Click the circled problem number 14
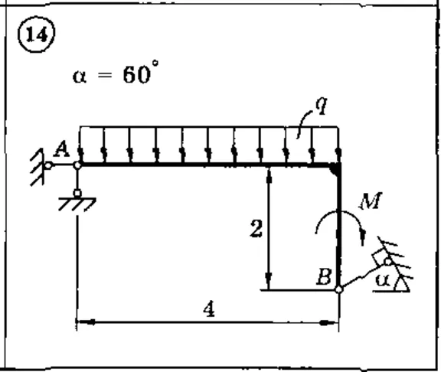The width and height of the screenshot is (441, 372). click(x=37, y=34)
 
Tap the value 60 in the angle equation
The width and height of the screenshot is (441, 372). click(x=137, y=74)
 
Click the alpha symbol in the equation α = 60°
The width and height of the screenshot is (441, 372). click(x=80, y=77)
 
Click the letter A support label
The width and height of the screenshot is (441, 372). click(x=61, y=149)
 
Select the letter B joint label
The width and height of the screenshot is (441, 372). click(x=324, y=276)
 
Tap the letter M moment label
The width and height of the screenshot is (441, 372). click(x=371, y=201)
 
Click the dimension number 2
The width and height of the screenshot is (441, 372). click(x=256, y=228)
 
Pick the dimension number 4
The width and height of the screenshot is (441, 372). click(x=209, y=309)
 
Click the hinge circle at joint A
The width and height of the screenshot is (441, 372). click(x=77, y=165)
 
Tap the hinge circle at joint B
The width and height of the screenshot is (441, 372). click(x=339, y=289)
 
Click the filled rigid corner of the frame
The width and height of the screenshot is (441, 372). click(x=336, y=169)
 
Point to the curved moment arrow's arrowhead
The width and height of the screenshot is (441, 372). click(x=363, y=237)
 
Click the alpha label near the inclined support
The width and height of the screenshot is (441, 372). click(x=383, y=280)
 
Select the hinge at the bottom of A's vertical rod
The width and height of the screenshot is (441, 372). click(x=77, y=194)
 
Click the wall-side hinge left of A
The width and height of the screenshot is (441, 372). click(x=48, y=165)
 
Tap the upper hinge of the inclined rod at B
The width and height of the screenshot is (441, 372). click(x=388, y=262)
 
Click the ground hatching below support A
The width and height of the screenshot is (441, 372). click(x=77, y=204)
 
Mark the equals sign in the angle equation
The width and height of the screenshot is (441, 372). click(x=105, y=76)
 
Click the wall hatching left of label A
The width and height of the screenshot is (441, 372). click(x=38, y=167)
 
